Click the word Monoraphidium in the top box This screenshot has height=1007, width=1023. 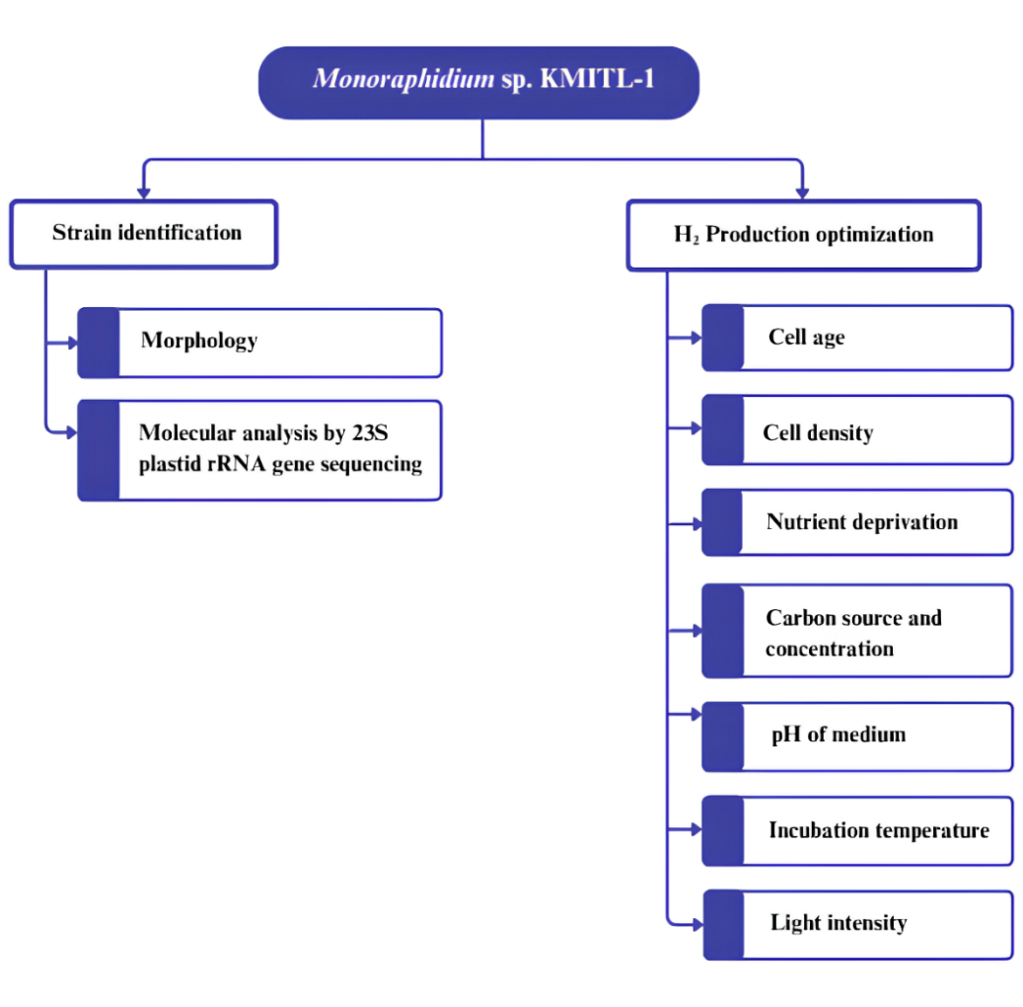[402, 79]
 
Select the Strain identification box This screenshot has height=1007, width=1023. [144, 234]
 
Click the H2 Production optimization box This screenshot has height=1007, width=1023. [803, 235]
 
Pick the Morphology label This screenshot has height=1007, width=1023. [198, 341]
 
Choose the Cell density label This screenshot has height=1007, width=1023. [818, 432]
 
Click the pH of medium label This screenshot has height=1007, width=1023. [838, 735]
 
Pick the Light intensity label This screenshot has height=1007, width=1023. [838, 923]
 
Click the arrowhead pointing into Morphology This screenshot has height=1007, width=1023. [72, 343]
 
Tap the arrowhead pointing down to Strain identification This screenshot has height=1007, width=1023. [144, 191]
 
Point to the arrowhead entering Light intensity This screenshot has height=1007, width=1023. [696, 924]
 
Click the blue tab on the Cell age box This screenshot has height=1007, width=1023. [723, 338]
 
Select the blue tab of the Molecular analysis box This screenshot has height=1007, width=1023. [99, 449]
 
